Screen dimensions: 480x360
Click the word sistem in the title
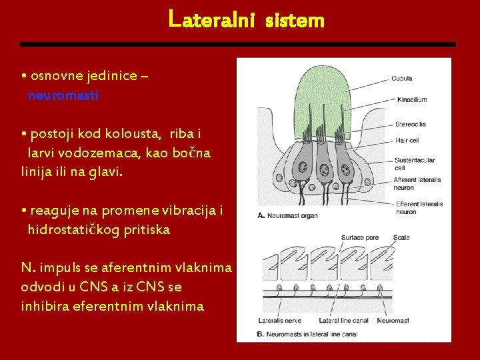tap(295, 21)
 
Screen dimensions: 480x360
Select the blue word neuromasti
tap(63, 96)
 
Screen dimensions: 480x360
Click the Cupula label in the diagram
tap(401, 79)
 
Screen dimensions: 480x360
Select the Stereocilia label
tap(410, 124)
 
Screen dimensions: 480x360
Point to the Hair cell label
tap(407, 141)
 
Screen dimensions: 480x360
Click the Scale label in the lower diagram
tap(401, 238)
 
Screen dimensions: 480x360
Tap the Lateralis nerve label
tap(281, 320)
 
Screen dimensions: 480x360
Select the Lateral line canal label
tap(343, 320)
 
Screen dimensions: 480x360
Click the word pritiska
tap(146, 230)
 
